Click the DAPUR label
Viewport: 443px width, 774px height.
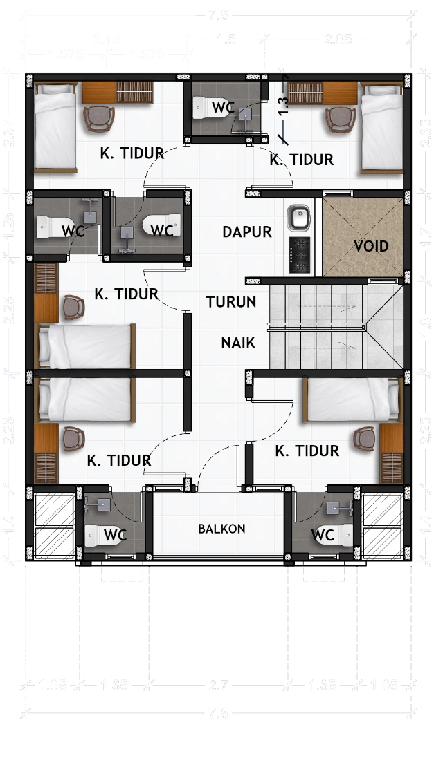(247, 232)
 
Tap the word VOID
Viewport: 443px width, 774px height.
(371, 246)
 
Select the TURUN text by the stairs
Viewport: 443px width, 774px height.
(231, 302)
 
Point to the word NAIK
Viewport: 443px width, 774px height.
(238, 342)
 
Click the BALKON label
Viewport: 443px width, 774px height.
(221, 529)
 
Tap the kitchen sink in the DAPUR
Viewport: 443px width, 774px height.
(300, 218)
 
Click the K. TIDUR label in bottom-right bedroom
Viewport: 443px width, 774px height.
(307, 451)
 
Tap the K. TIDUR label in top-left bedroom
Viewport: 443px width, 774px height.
(132, 153)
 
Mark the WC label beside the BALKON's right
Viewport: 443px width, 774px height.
(323, 534)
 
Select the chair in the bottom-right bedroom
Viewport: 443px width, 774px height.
(365, 438)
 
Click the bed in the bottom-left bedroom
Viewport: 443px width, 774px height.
(84, 399)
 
